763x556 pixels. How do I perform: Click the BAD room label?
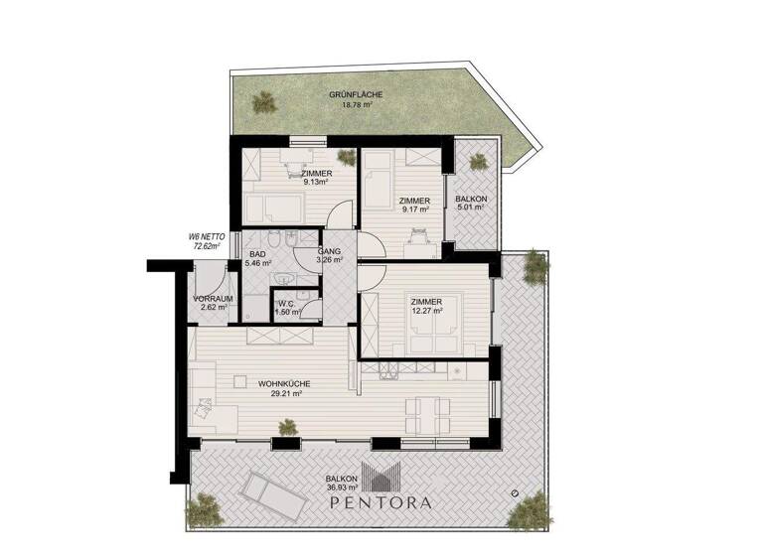coord(257,255)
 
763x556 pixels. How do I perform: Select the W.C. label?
coord(285,304)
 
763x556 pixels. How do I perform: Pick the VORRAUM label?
coord(214,299)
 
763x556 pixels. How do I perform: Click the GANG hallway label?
coord(329,252)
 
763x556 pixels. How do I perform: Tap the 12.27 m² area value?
coord(427,311)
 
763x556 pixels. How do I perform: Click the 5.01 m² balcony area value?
coord(471,209)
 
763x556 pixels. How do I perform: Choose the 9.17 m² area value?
coord(414,209)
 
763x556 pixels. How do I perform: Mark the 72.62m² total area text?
coord(207,245)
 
